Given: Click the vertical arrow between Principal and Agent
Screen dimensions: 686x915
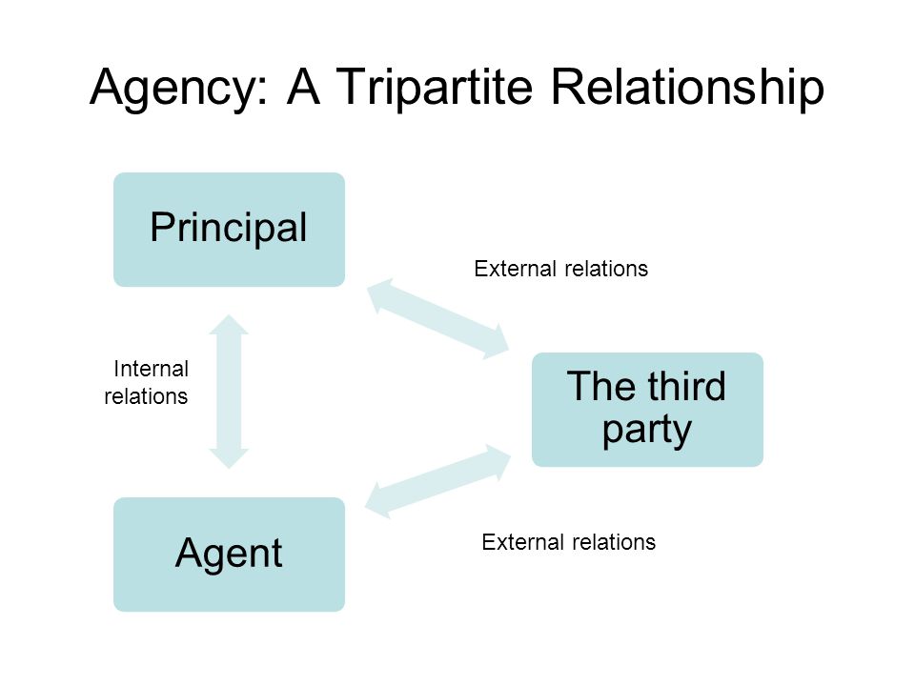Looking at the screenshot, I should (x=229, y=392).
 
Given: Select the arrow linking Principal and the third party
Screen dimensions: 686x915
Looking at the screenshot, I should (x=438, y=318).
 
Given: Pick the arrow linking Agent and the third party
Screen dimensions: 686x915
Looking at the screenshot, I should (x=438, y=481).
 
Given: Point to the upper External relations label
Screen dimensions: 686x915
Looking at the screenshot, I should (x=560, y=270).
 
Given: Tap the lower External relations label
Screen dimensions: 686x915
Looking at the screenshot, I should (x=568, y=543).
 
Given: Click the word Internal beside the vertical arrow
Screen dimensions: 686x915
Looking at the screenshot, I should (x=152, y=370).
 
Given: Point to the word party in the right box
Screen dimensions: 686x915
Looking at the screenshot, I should (x=647, y=430).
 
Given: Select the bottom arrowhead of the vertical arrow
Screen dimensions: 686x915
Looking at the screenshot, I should (x=229, y=456).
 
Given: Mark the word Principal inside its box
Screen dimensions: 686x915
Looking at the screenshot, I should (x=229, y=228).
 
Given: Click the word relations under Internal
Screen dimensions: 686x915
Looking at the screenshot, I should (x=146, y=396).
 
